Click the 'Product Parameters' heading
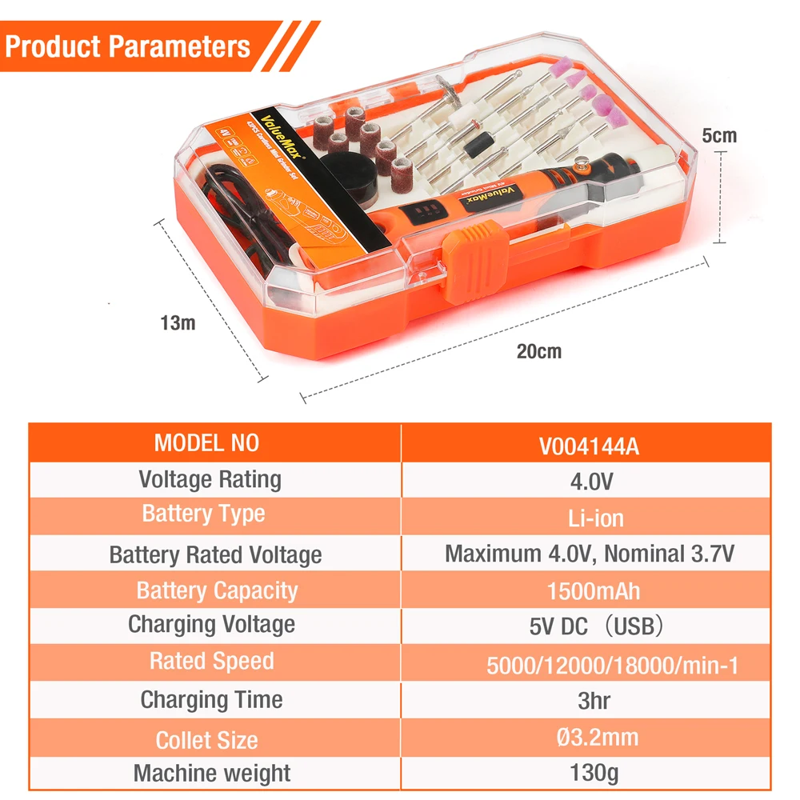pos(128,46)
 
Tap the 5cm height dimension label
pos(718,135)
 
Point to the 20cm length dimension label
pos(538,350)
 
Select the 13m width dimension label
pos(177,323)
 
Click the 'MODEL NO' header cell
pos(206,443)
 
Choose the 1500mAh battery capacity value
pos(593,591)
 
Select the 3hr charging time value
pos(593,701)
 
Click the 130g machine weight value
pos(593,773)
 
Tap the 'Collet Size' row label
pos(206,740)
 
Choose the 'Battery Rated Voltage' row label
pos(215,554)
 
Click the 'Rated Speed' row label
pos(211,662)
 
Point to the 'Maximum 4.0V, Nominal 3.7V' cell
pos(590,553)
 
